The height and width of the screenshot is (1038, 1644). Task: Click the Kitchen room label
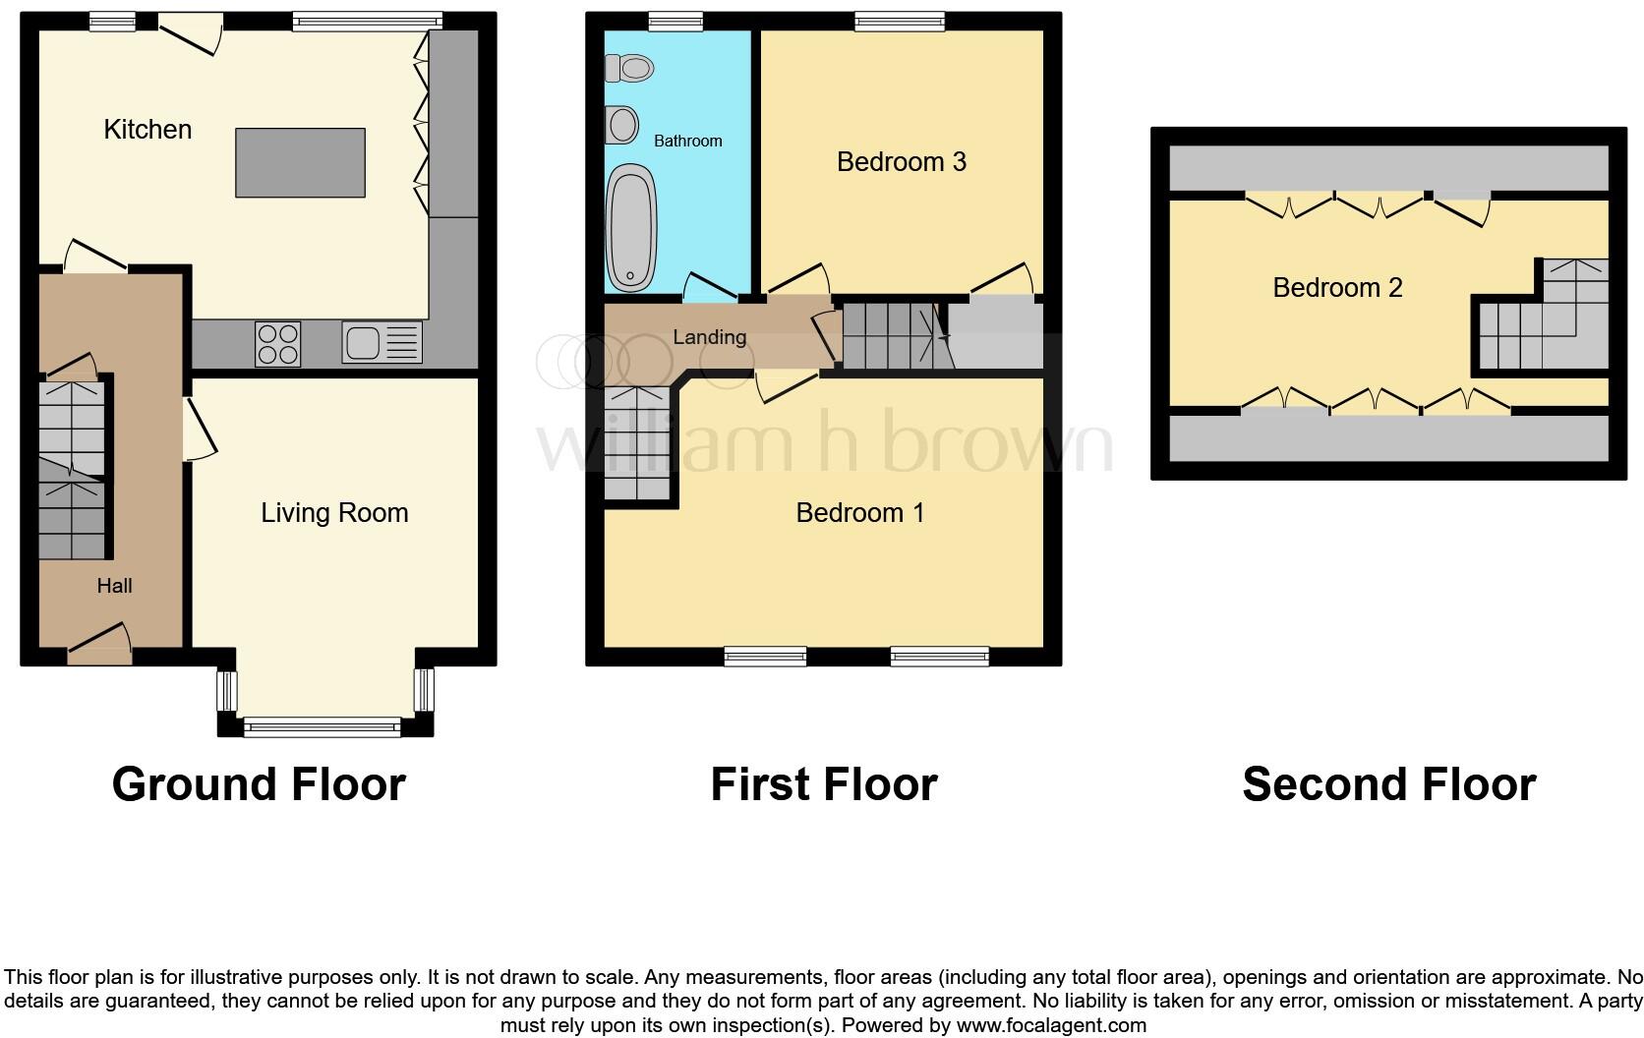147,129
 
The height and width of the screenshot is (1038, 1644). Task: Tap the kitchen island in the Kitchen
300,162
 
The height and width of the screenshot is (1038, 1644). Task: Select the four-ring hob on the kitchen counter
277,344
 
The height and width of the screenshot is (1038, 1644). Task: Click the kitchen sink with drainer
382,343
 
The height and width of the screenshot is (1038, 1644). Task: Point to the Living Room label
334,512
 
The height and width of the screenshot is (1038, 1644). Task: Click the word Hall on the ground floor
114,586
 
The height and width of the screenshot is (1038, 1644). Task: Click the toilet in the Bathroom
630,68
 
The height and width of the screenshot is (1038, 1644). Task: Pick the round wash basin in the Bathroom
621,125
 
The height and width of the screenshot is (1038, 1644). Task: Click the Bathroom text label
687,141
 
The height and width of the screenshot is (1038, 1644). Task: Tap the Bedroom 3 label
901,161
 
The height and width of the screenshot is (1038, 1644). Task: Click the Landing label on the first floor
709,337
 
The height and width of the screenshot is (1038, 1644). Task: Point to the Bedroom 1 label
859,512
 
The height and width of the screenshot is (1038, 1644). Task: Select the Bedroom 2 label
1336,287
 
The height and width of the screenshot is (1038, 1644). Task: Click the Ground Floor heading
259,784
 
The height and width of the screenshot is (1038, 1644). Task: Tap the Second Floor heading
1388,784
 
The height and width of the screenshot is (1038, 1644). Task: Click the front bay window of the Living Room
323,727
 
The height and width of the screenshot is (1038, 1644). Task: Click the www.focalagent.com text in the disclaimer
1051,1025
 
